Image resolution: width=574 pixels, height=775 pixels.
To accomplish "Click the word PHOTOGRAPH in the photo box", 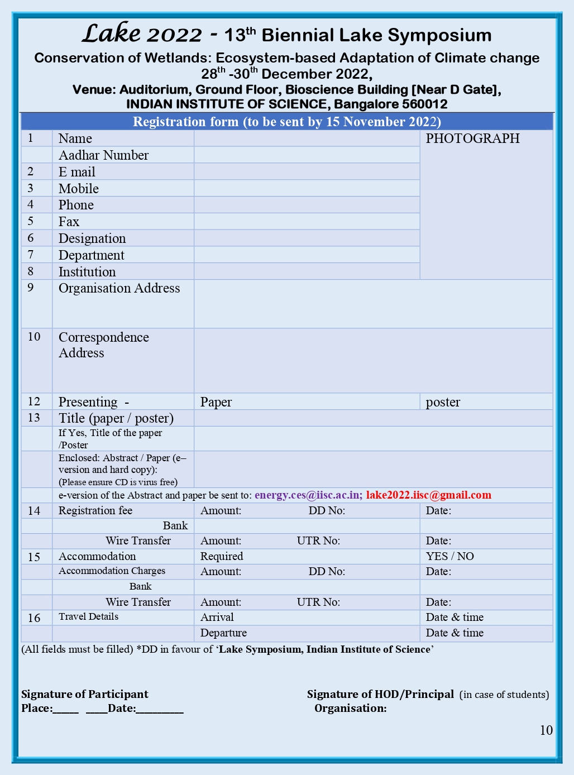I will click(472, 138).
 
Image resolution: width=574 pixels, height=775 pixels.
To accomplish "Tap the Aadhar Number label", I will click(103, 155).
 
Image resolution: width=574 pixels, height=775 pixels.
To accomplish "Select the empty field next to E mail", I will click(307, 171).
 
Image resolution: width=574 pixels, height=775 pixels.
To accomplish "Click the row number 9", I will click(31, 288).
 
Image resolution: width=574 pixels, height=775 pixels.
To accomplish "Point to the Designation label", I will click(92, 238).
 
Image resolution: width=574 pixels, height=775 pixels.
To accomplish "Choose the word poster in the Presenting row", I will click(443, 402).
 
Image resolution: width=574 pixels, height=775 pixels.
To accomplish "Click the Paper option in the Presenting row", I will click(216, 402).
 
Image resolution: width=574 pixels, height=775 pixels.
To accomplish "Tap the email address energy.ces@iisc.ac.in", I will click(308, 495).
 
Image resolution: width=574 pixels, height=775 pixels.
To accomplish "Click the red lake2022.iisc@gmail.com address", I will click(429, 495).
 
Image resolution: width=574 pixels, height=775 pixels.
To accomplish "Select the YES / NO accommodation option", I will click(449, 556).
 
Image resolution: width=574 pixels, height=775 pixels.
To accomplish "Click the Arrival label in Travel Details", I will click(217, 617).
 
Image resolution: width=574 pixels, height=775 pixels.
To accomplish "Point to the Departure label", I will click(223, 633).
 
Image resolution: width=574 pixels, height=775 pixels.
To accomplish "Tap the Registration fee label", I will click(95, 510).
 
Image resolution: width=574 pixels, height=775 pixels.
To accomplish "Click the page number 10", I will click(546, 730).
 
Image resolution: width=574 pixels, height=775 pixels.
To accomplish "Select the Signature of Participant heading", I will click(85, 694).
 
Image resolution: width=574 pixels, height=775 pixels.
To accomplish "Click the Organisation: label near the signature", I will click(351, 708).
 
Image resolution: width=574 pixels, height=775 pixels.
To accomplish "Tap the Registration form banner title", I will click(287, 122).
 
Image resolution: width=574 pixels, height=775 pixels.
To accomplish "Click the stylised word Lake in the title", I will click(111, 34).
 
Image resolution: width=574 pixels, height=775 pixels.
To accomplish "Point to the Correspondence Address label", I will click(103, 345).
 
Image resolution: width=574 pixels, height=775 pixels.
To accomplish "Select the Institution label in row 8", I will click(87, 272).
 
